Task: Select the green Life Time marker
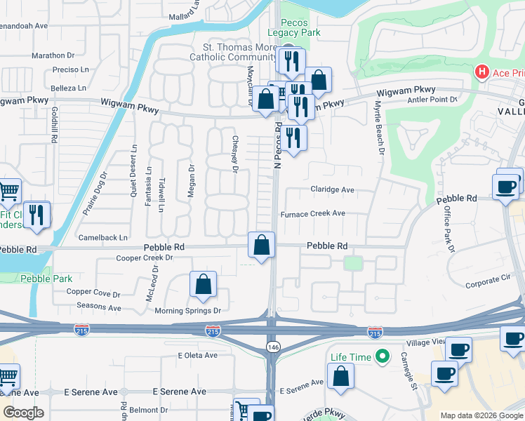[383, 357]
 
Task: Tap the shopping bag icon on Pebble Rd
[261, 246]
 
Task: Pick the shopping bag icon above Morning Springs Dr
[203, 284]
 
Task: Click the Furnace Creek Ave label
[313, 213]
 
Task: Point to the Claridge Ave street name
[333, 189]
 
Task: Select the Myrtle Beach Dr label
[379, 127]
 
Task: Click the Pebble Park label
[46, 279]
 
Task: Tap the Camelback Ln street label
[103, 237]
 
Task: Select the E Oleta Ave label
[199, 356]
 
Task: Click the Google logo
[23, 412]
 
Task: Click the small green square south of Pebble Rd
[353, 263]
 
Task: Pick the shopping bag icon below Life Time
[340, 376]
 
